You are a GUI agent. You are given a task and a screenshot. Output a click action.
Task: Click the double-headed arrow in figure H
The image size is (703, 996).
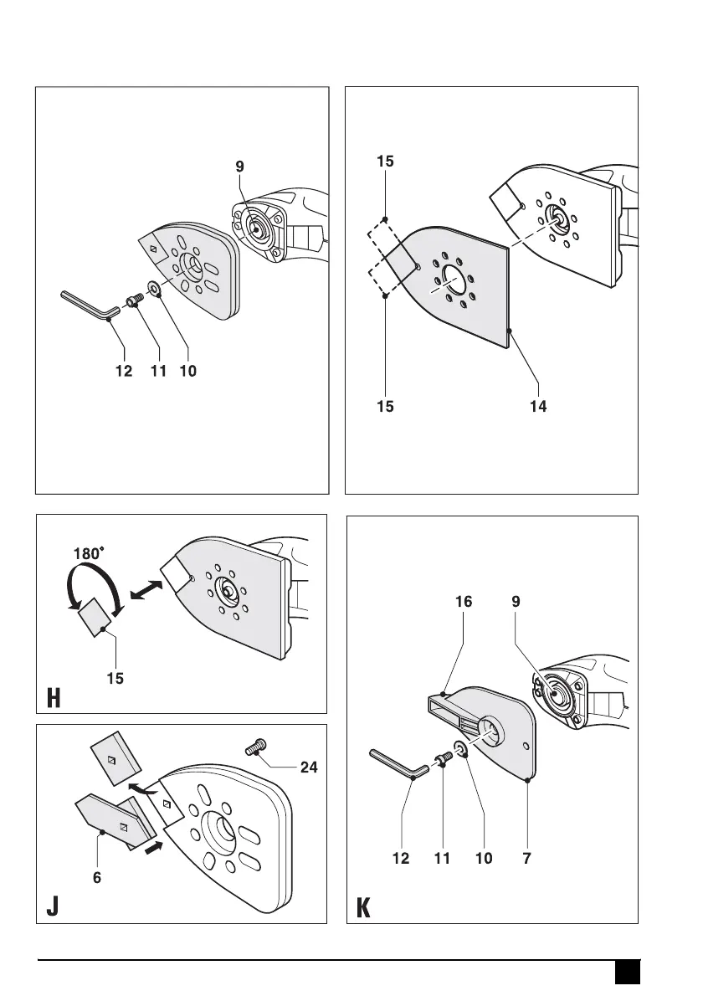147,591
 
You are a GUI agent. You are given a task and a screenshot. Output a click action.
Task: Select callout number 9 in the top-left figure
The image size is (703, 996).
240,167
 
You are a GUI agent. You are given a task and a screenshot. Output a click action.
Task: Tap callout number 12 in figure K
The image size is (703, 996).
401,859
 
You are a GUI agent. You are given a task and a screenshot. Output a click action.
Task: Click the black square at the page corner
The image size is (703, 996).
627,973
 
